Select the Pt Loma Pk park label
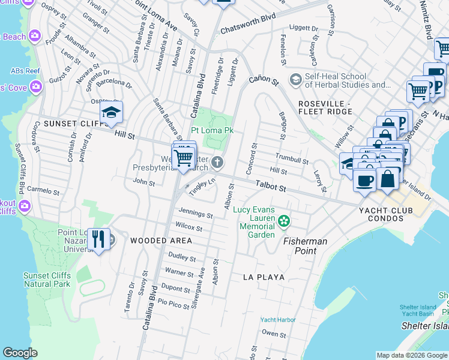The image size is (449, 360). tap(212, 130)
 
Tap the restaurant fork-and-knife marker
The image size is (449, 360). tap(98, 239)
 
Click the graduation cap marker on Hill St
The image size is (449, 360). tap(111, 113)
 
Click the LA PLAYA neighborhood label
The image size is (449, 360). tap(264, 277)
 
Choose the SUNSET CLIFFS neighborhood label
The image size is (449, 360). tap(58, 124)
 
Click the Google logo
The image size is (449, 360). tap(20, 353)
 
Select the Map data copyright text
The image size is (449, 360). tap(411, 355)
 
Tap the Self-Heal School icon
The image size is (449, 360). tap(295, 79)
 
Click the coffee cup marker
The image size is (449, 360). tap(364, 179)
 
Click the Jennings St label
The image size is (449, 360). tap(196, 214)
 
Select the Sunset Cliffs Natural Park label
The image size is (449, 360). tap(47, 280)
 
